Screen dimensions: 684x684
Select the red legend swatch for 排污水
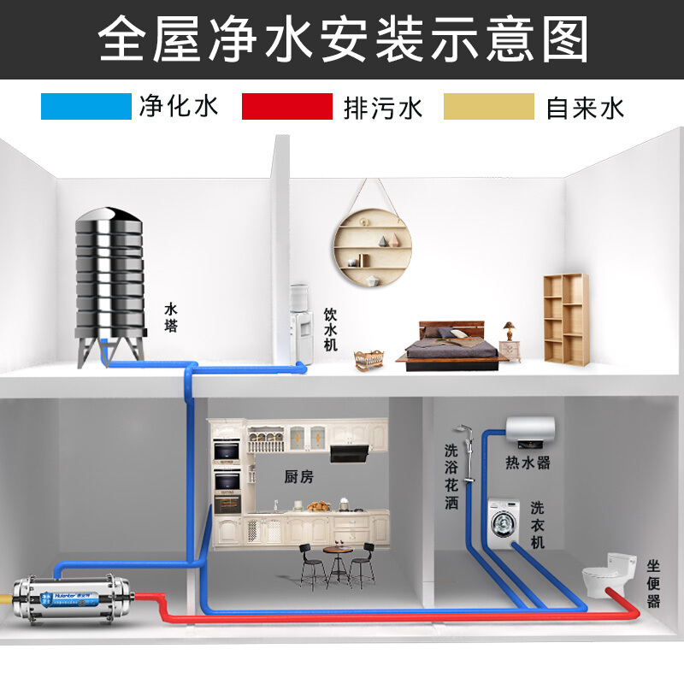pos(286,107)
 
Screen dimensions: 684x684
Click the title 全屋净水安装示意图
pos(342,38)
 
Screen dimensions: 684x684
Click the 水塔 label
pos(172,317)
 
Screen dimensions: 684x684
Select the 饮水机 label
pos(331,330)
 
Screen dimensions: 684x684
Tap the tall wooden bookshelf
pos(565,317)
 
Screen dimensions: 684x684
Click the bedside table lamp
pos(510,330)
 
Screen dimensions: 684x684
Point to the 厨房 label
pos(299,477)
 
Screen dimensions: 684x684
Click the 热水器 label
pos(528,463)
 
